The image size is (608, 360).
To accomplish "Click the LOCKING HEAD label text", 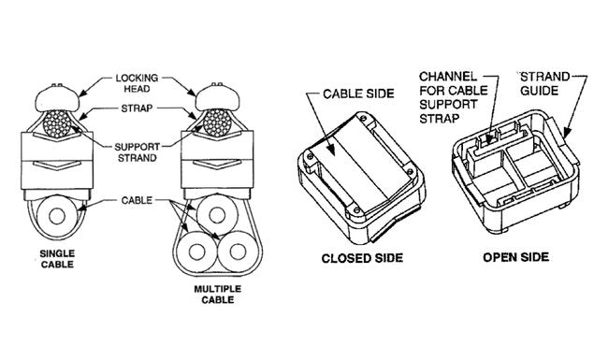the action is [137, 83].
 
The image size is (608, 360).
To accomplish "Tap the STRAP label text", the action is [137, 108].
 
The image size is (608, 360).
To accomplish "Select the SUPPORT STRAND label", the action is [137, 152].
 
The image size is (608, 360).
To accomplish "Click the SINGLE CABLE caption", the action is [57, 259].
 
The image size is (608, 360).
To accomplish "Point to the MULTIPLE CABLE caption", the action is [218, 295].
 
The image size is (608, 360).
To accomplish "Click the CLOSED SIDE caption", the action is [362, 258].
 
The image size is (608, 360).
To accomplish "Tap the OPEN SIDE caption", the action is [515, 257].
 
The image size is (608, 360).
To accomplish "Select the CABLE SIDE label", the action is [358, 94].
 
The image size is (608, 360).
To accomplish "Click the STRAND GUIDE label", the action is [544, 84].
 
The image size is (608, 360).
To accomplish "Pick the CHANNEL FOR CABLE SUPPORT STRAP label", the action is [454, 97].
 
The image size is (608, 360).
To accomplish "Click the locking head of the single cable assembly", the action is [57, 99].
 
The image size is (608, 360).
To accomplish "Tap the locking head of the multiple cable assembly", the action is [217, 98].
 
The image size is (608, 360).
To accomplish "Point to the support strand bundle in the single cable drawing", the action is [57, 124].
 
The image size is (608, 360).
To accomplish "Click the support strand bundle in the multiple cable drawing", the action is [217, 122].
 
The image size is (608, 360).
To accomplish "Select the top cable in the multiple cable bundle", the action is [217, 215].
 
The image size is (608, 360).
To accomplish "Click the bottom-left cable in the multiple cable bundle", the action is [196, 252].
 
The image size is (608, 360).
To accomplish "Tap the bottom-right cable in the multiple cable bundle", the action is [239, 252].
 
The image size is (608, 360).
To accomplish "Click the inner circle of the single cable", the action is [57, 216].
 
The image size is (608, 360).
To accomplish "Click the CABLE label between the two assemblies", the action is [137, 200].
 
